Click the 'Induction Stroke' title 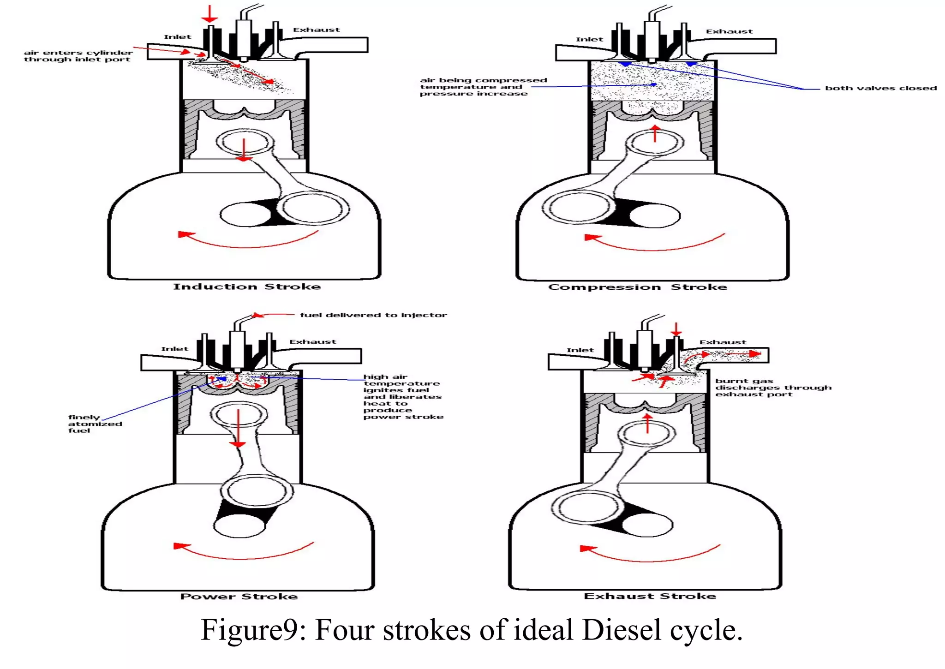tap(247, 287)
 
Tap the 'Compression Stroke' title tap(637, 287)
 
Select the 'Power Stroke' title tap(239, 597)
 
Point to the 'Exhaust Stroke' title tap(650, 596)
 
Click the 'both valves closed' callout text tap(880, 88)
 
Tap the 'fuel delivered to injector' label tap(373, 315)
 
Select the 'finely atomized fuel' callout tap(95, 424)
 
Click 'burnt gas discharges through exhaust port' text tap(773, 388)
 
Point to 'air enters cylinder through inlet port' tap(78, 56)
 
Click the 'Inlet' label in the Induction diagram tap(177, 37)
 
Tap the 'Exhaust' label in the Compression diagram tap(729, 31)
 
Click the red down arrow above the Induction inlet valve tap(209, 14)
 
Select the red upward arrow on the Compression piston tap(654, 133)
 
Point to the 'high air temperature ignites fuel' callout tap(402, 397)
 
